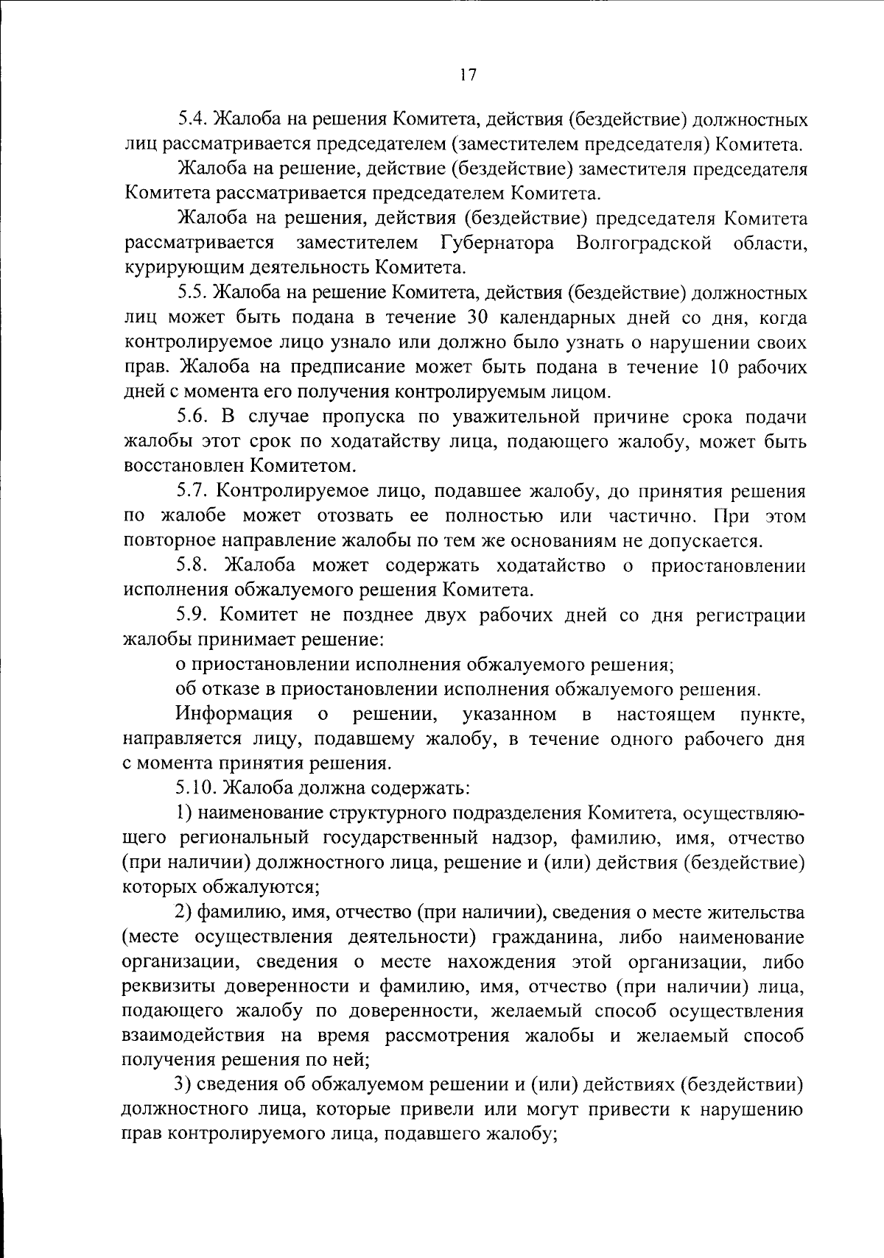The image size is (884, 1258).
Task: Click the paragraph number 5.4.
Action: coord(192,119)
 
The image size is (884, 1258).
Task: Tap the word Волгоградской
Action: coord(645,243)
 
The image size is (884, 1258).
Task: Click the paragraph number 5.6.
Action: coord(192,417)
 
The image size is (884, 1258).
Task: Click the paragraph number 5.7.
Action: coord(192,491)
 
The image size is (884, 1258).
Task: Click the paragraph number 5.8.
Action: coord(192,565)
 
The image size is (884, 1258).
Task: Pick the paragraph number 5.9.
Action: coord(192,615)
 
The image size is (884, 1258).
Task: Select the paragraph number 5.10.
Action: coord(197,788)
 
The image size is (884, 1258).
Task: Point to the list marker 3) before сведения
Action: coord(183,1085)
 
